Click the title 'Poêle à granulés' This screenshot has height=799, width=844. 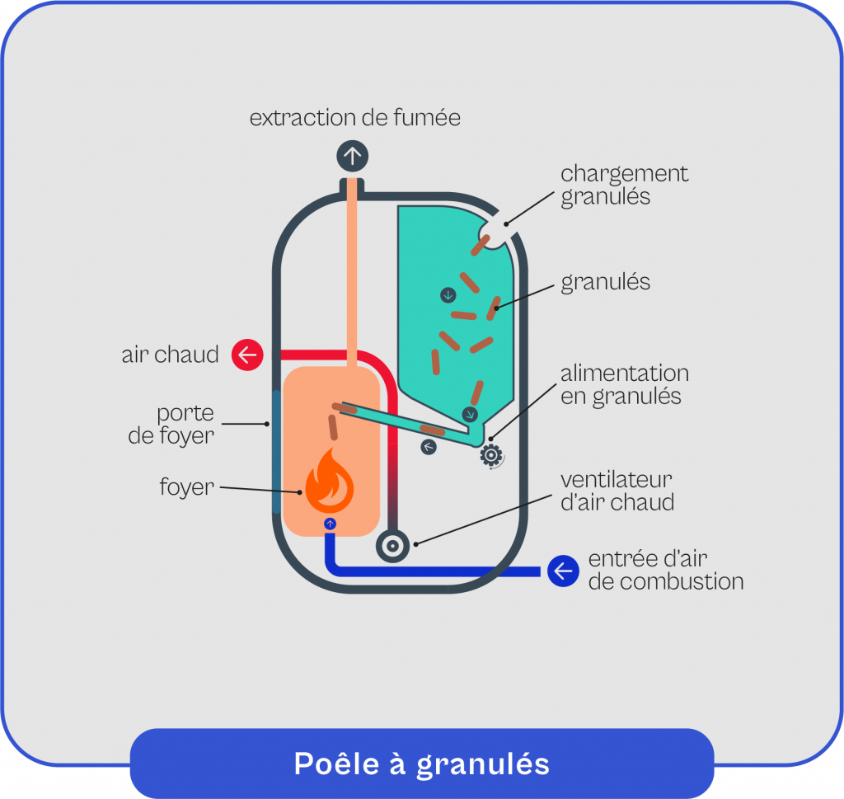tap(421, 763)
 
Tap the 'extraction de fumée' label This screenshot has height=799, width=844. tap(354, 118)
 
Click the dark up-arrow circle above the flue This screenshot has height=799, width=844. tap(353, 155)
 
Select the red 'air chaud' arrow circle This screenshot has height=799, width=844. tap(246, 355)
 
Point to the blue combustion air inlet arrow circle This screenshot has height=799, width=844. tap(563, 571)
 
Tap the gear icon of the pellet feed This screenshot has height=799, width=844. tap(491, 455)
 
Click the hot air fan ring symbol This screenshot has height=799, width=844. tap(392, 545)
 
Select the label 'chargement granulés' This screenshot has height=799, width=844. tap(624, 186)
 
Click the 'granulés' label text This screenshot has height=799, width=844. tap(605, 282)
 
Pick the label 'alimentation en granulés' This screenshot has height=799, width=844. tap(624, 384)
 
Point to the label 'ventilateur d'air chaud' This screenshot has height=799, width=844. tap(617, 491)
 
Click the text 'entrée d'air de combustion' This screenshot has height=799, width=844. tap(665, 571)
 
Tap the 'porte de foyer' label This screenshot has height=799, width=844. tap(171, 424)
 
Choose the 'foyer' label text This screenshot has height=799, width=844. tap(186, 487)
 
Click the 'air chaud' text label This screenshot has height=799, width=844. tap(171, 355)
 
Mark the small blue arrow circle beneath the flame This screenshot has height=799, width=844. tap(330, 524)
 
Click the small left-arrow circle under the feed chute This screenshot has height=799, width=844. tap(429, 447)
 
